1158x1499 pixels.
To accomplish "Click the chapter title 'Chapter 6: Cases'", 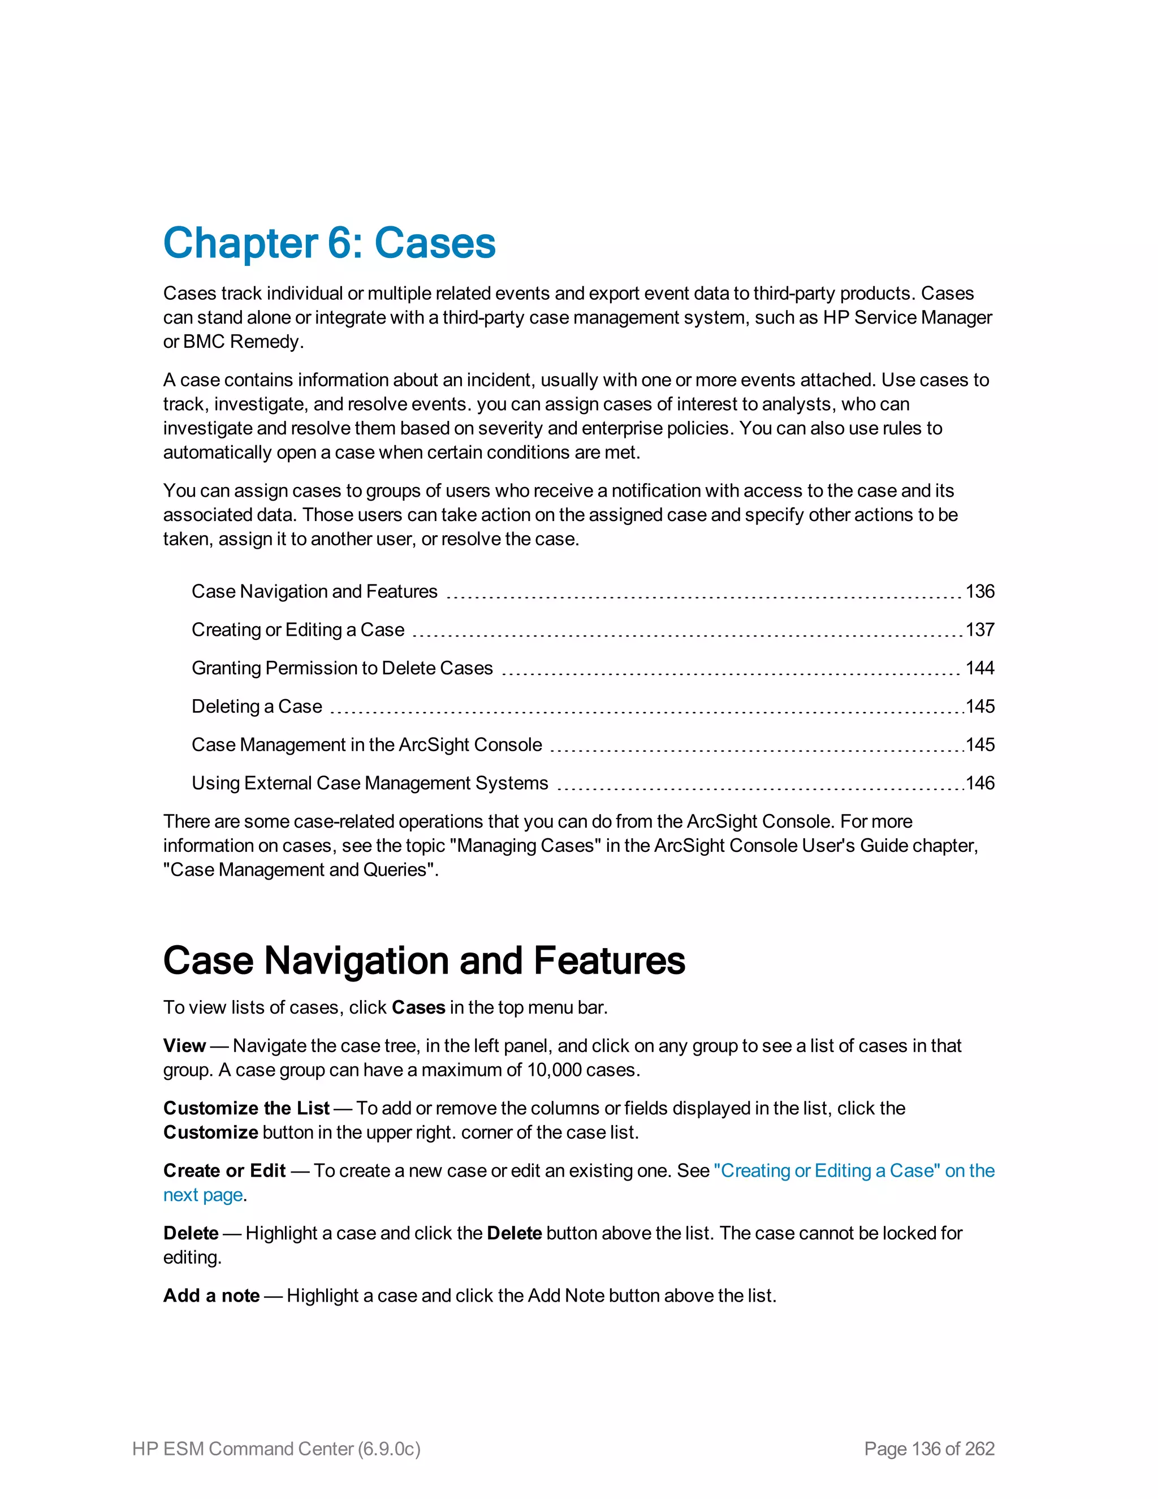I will [x=329, y=243].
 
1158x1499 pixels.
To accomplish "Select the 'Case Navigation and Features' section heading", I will [x=424, y=960].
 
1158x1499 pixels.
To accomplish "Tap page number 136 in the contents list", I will [x=980, y=591].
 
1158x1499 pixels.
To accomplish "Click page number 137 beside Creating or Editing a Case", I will [x=980, y=630].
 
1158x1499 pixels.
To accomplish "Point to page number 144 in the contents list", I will [x=980, y=668].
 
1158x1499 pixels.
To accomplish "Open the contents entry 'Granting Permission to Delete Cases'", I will [x=342, y=668].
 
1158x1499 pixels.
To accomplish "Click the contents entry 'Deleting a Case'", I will [x=257, y=707].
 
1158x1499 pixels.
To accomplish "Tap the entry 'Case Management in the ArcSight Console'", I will [x=366, y=745].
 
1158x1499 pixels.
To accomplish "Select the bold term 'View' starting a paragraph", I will [x=184, y=1045].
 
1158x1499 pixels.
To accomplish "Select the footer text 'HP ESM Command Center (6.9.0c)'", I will [x=276, y=1448].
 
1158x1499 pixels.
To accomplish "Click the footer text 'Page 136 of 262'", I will [x=929, y=1448].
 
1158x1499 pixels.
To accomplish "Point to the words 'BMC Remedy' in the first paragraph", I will [x=242, y=342].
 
